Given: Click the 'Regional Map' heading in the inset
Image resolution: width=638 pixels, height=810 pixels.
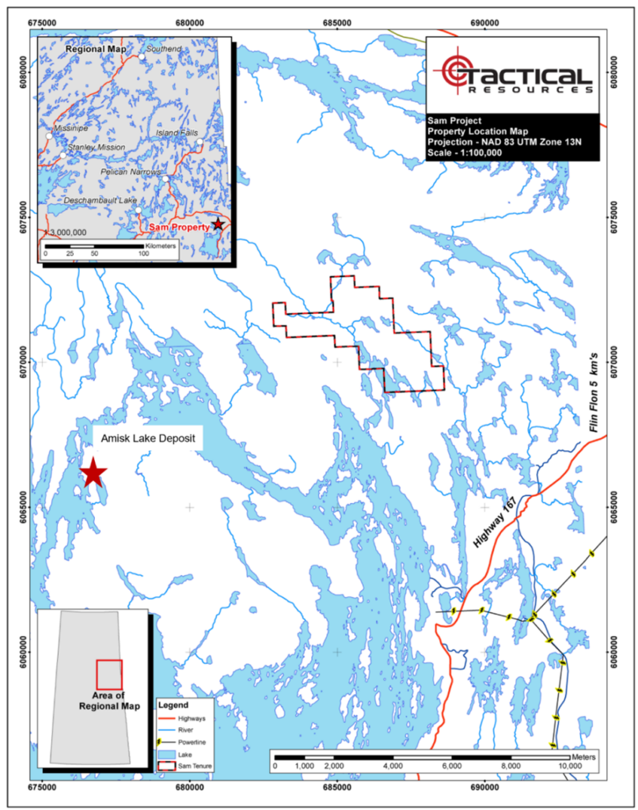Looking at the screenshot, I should (96, 49).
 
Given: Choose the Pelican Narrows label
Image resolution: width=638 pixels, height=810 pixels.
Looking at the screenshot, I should (131, 172).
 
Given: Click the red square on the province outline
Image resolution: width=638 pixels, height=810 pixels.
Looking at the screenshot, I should (109, 674).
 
